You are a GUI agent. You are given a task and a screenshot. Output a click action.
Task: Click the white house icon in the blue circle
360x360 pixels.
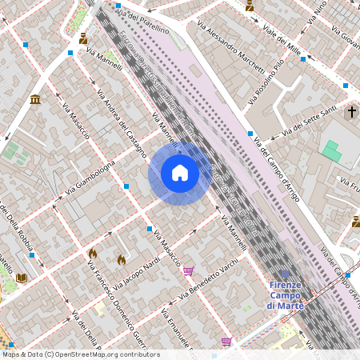pos(180,173)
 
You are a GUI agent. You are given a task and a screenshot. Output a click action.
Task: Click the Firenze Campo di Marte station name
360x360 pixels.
pos(285,295)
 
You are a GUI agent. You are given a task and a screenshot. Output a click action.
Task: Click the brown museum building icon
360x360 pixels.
pos(35,99)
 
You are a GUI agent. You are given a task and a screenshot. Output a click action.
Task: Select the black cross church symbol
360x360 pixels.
pos(351,113)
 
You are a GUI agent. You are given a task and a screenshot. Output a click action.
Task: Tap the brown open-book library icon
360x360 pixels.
pos(22,278)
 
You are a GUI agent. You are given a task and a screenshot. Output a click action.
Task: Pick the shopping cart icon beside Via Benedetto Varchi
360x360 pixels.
pos(188,271)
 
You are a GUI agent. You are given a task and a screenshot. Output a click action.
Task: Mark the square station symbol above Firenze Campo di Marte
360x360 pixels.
pos(285,274)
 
